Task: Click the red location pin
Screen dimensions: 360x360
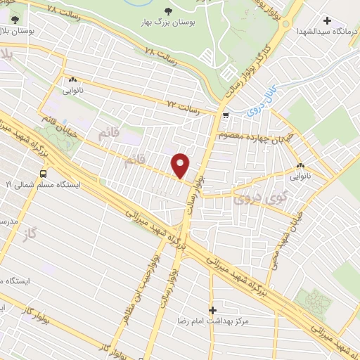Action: point(181,165)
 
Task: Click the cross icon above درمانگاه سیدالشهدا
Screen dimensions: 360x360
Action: point(328,19)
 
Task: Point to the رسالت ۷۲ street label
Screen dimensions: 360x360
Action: point(184,108)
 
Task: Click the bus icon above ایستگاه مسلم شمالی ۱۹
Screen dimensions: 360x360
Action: point(44,173)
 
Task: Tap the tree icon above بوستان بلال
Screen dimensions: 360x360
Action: point(15,20)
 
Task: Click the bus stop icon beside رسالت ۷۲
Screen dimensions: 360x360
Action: point(225,115)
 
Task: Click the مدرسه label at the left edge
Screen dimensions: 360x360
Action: point(9,221)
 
